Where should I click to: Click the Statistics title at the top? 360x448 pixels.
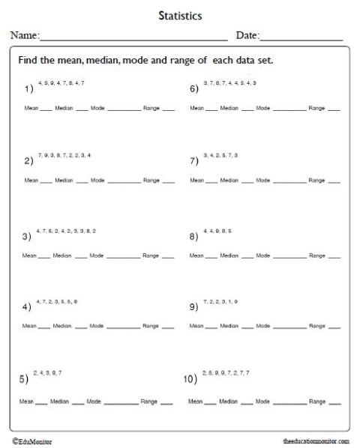pyautogui.click(x=180, y=14)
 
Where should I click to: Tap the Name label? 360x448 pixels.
pyautogui.click(x=23, y=35)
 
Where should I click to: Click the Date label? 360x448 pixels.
pyautogui.click(x=247, y=35)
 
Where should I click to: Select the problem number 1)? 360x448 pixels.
pyautogui.click(x=28, y=88)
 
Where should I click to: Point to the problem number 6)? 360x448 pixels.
pyautogui.click(x=194, y=88)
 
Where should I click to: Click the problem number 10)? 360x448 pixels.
pyautogui.click(x=190, y=379)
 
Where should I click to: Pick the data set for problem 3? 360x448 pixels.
pyautogui.click(x=66, y=230)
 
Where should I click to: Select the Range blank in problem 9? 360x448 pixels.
pyautogui.click(x=334, y=327)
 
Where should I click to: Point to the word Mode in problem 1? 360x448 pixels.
pyautogui.click(x=97, y=109)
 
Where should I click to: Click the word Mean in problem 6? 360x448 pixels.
pyautogui.click(x=196, y=109)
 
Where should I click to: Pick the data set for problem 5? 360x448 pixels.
pyautogui.click(x=47, y=372)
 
